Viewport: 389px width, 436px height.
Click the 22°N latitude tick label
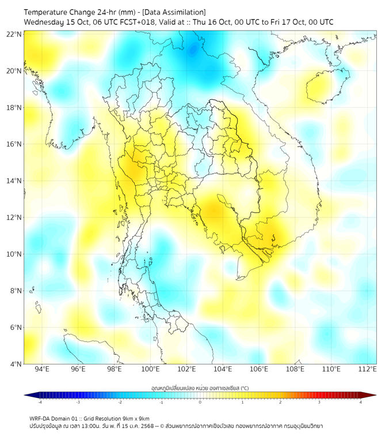(14, 34)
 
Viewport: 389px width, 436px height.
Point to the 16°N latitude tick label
(14, 144)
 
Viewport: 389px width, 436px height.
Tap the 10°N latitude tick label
(14, 254)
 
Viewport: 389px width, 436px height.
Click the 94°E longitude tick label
(42, 370)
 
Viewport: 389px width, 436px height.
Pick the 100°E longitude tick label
(151, 370)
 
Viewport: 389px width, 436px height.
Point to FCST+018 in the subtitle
(132, 22)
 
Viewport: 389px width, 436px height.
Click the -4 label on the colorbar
(39, 403)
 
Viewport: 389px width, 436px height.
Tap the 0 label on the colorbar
(200, 403)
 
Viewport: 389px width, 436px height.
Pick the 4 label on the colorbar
(361, 403)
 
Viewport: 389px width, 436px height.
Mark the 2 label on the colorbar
(280, 403)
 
